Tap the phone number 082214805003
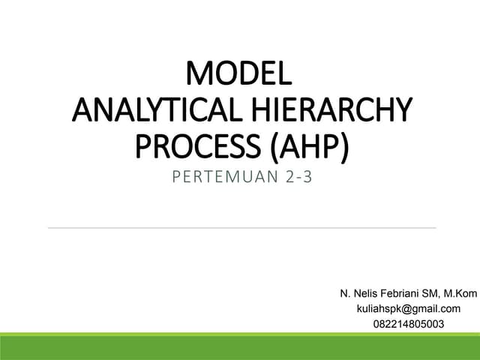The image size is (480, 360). click(x=407, y=324)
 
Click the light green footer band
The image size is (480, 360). click(x=240, y=347)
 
